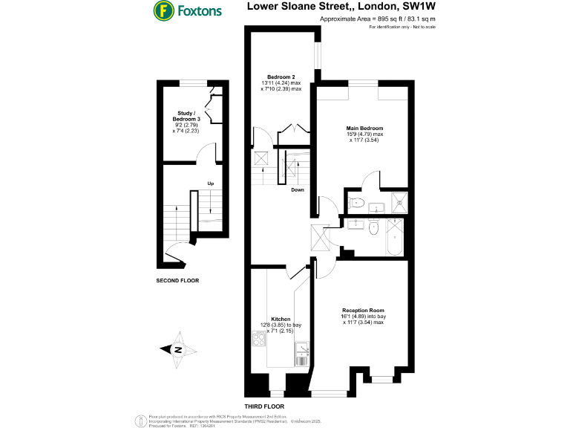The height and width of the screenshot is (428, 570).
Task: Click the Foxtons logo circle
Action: (x=162, y=11)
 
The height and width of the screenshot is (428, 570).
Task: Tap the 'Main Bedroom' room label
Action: (x=364, y=128)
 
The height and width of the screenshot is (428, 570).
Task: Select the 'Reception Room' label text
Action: (x=363, y=310)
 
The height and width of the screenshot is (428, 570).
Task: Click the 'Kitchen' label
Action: (x=281, y=319)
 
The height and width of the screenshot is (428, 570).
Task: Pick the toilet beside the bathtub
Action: (x=374, y=228)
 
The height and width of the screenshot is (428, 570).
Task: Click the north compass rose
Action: (x=177, y=349)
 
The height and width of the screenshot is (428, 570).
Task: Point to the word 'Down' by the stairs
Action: (x=297, y=189)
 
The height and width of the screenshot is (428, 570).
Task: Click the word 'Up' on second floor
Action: (x=211, y=184)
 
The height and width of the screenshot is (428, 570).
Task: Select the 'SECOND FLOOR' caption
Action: (x=177, y=281)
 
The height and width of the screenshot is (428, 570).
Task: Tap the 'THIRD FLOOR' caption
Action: (x=265, y=407)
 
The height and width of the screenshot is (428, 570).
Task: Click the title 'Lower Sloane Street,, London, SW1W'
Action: (x=341, y=7)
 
